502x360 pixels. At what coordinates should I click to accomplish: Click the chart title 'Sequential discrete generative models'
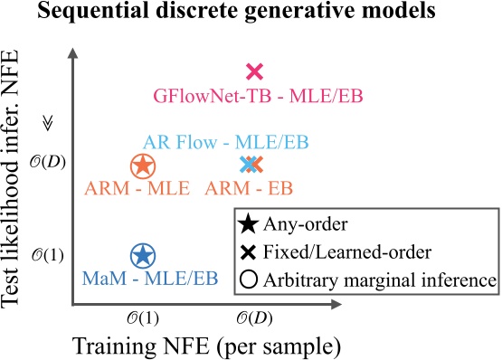coord(251,14)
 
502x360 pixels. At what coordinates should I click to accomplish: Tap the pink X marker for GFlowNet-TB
coord(254,71)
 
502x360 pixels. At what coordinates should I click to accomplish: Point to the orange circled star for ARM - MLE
coord(142,166)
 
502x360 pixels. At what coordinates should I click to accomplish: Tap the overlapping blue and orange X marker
coord(251,165)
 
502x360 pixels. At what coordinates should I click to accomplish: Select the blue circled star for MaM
coord(142,255)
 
